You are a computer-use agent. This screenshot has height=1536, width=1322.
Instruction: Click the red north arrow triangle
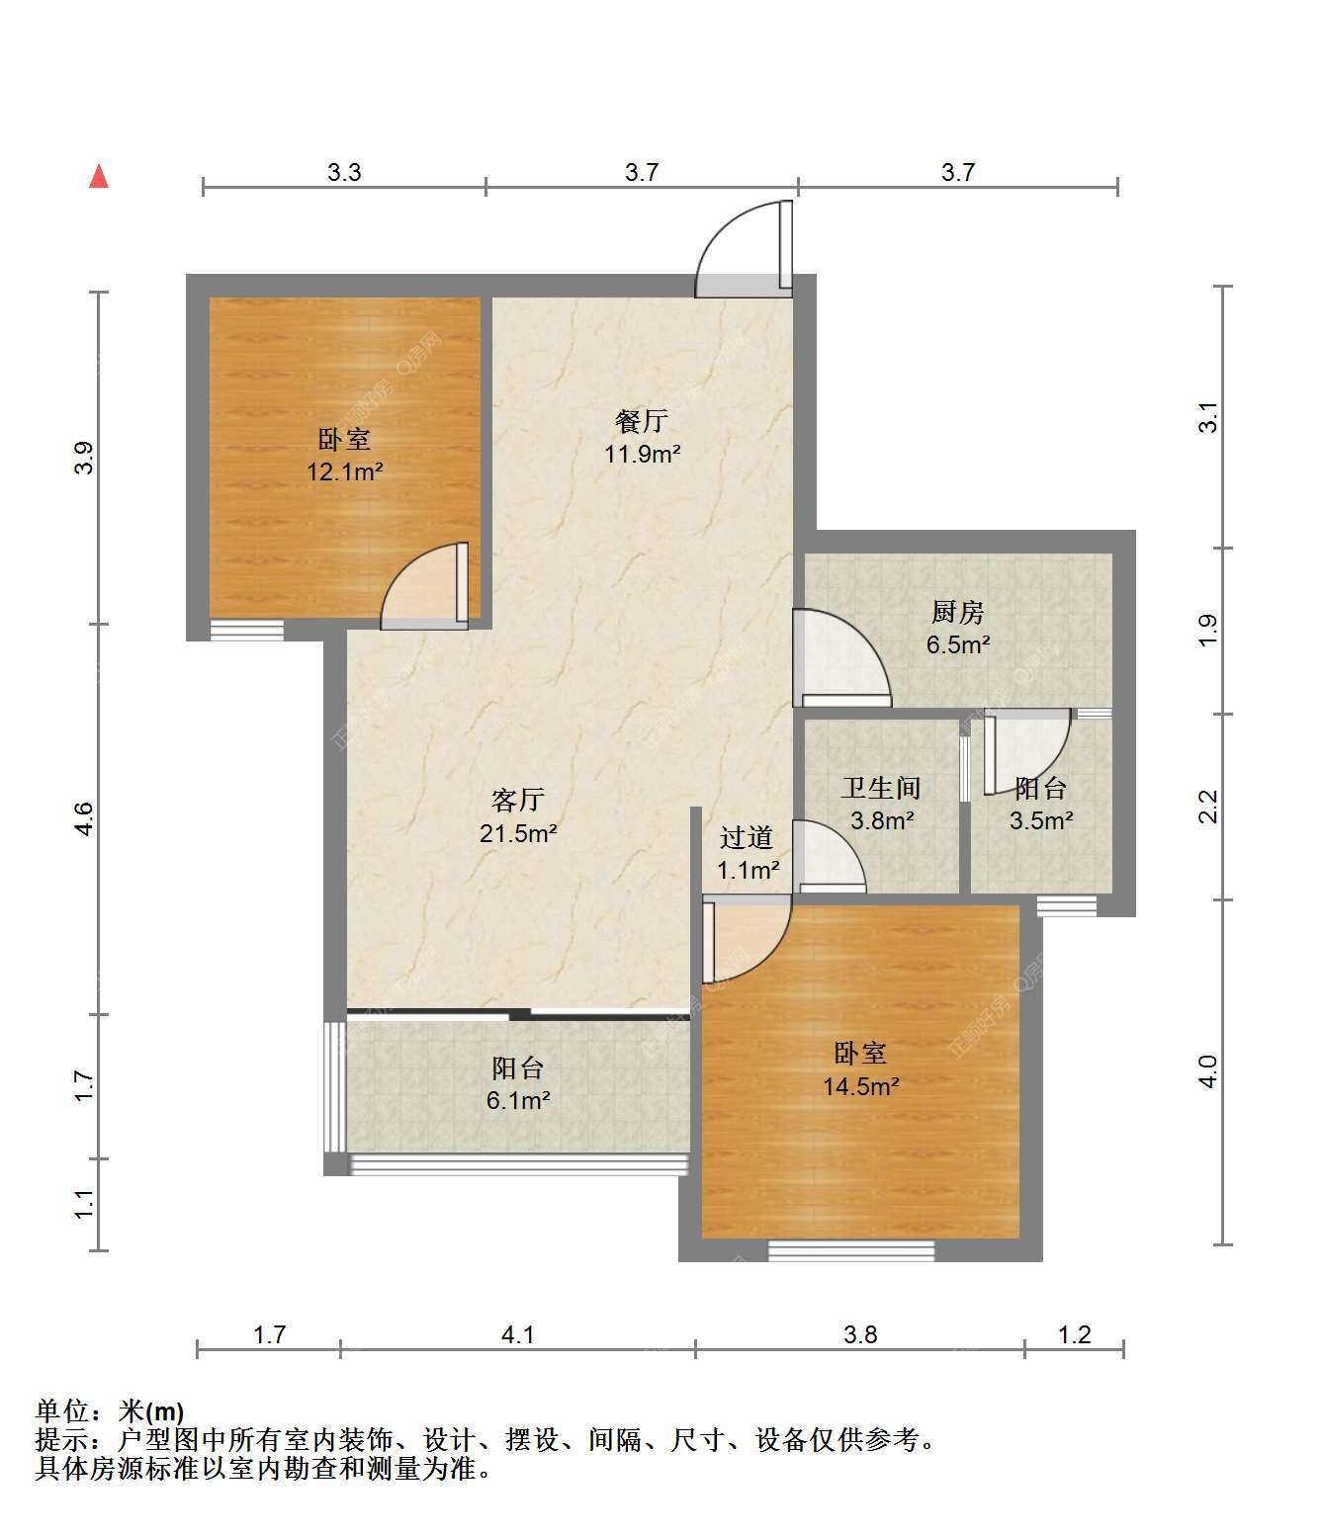coord(99,177)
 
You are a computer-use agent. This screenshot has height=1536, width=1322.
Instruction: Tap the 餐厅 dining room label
coord(642,421)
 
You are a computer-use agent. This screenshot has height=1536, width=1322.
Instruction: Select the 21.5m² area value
coord(518,833)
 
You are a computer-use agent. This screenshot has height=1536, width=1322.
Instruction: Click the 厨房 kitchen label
coord(958,612)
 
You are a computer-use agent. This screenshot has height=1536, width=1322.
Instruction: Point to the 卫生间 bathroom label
coord(882,788)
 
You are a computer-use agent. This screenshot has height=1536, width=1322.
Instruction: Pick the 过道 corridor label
coord(747,837)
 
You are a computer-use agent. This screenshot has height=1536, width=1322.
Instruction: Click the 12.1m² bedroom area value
coord(345,471)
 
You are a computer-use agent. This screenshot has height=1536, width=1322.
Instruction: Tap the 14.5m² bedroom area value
coord(861,1086)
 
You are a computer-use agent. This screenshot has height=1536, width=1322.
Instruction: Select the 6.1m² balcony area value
coord(518,1100)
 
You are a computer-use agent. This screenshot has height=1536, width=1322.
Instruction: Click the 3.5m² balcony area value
coord(1041,820)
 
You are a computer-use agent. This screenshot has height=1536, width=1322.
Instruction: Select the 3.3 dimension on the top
coord(344,172)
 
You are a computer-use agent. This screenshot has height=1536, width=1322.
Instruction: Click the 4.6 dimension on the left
coord(84,818)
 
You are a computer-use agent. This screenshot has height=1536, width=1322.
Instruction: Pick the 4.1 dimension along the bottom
coord(517,1335)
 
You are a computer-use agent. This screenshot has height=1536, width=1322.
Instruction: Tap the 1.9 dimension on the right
coord(1208,631)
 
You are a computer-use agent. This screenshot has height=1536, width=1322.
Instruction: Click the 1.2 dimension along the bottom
coord(1075,1335)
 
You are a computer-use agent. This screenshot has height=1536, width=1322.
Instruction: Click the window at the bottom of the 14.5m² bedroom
coord(851,1250)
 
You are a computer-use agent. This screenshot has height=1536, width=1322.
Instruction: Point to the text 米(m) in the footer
coord(151,1411)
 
